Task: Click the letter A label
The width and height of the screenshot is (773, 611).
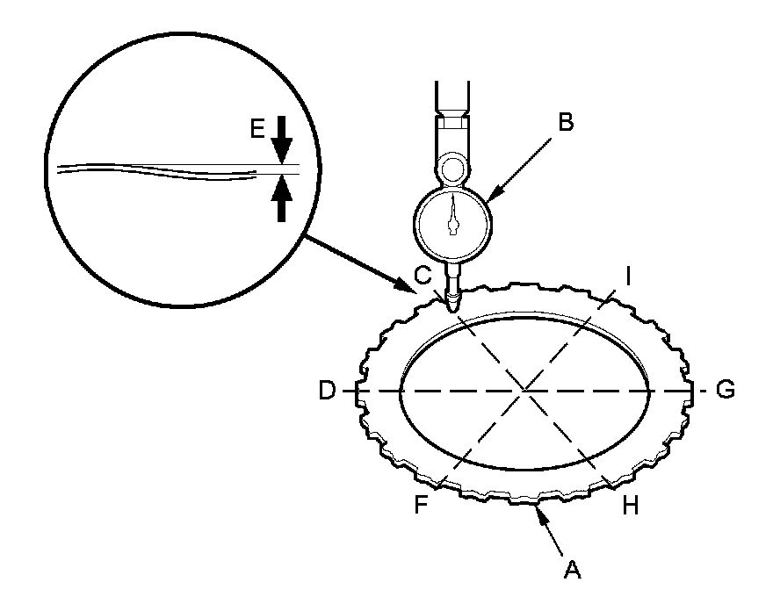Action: coord(572,570)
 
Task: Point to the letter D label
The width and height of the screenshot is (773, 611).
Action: coord(328,390)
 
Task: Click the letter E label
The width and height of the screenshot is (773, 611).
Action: coord(256,129)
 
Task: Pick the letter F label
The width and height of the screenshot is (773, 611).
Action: coord(423,507)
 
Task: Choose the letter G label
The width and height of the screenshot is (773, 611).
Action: coord(725,390)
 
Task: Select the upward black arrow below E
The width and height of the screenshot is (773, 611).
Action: coord(281,198)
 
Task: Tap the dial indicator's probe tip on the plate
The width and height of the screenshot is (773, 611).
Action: coord(452,306)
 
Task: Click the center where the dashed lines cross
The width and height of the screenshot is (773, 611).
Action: coord(524,390)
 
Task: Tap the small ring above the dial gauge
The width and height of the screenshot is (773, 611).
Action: coord(452,165)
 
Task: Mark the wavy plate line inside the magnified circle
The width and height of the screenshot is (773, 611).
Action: coord(158,169)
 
